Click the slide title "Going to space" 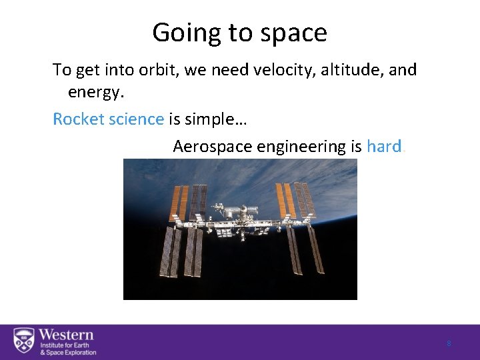tap(239, 32)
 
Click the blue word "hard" tap(383, 146)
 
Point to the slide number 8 tap(449, 343)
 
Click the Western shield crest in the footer tap(24, 341)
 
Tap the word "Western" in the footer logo tap(66, 335)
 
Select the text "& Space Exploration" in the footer tap(68, 353)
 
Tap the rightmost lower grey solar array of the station tap(315, 249)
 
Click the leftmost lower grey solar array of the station tap(167, 252)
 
